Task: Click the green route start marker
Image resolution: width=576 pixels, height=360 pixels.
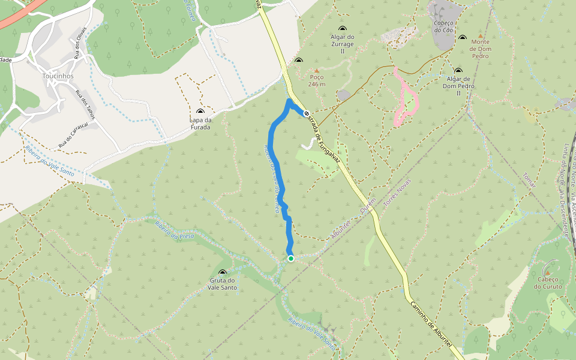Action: point(291,259)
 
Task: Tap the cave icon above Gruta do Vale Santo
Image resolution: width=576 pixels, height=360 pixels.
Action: point(223,272)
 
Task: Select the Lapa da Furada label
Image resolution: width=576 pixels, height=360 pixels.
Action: point(200,123)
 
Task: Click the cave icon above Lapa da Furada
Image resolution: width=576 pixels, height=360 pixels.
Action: point(200,112)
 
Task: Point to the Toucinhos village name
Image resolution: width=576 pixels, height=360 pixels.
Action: point(58,77)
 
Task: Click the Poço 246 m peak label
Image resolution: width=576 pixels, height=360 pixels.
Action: point(317,80)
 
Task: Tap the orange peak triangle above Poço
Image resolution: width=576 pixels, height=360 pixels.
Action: point(317,71)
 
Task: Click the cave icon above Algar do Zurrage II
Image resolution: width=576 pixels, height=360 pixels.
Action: point(343,29)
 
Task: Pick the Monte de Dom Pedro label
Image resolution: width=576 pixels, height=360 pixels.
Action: point(480,49)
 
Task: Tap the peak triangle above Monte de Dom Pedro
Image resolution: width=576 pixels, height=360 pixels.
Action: point(480,36)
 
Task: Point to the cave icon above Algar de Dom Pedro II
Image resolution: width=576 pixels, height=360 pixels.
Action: point(458,71)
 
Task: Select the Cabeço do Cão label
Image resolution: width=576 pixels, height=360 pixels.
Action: point(443,26)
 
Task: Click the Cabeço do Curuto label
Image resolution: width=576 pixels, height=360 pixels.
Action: point(550,283)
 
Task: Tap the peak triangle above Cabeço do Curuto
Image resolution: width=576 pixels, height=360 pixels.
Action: point(547,272)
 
